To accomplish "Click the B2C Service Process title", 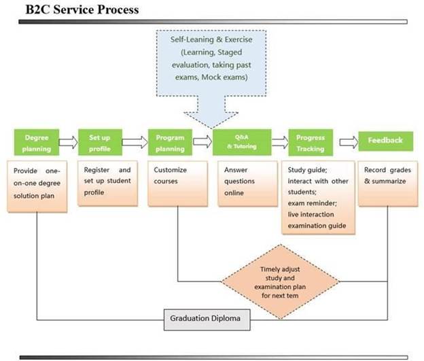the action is [82, 10].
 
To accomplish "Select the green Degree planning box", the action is [37, 142].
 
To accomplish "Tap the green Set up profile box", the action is [100, 142].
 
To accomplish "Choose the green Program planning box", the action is [170, 142].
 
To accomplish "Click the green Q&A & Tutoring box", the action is [242, 142].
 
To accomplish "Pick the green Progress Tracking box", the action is [311, 142].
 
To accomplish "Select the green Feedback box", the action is [385, 141].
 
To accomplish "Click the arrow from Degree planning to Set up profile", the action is [69, 142].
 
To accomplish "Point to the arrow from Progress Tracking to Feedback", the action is [349, 142].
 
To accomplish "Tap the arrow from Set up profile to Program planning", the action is [135, 142].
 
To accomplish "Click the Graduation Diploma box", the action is [207, 320].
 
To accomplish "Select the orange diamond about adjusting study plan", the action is [280, 281].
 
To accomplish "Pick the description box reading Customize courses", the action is [177, 184].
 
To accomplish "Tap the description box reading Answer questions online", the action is [248, 184].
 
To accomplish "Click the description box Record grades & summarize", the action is [388, 184].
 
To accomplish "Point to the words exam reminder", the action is [312, 203].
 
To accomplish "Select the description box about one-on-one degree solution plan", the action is [37, 186].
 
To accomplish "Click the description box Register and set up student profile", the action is [107, 184].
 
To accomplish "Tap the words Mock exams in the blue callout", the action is [224, 78].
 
